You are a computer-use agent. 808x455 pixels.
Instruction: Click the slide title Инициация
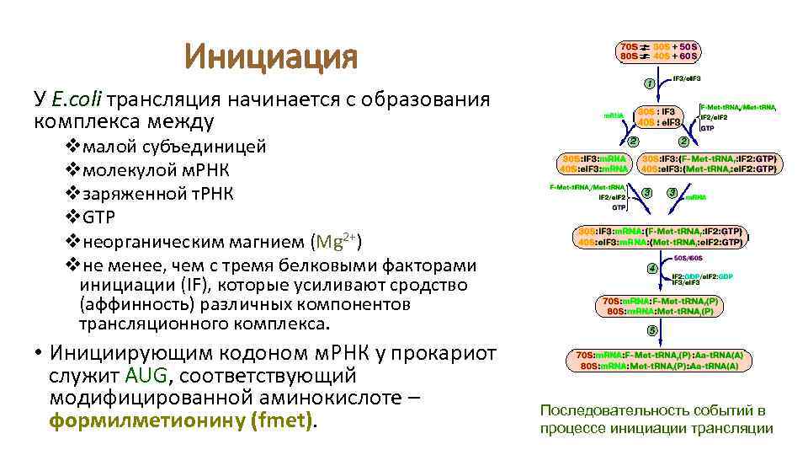click(271, 58)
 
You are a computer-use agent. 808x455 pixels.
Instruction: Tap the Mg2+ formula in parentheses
click(337, 242)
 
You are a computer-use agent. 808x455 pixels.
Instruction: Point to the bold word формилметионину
click(146, 420)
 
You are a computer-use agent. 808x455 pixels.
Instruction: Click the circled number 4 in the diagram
click(651, 269)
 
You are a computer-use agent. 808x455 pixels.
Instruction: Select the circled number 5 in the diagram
click(651, 329)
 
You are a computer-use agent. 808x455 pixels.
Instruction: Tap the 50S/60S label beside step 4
click(688, 258)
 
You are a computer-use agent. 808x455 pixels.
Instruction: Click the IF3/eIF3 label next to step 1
click(688, 78)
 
